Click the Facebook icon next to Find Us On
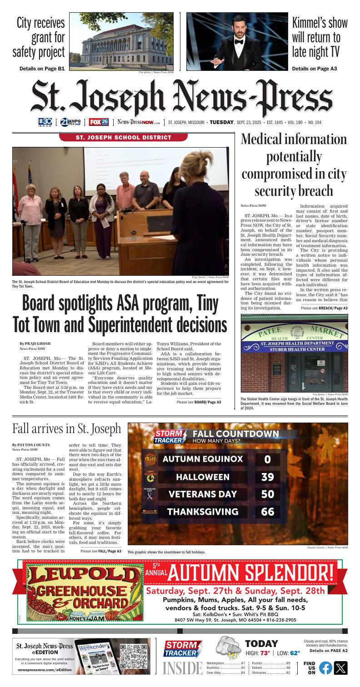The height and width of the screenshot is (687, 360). coord(325,667)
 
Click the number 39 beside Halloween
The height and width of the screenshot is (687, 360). coord(268,477)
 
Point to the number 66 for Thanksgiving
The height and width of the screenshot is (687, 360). coord(268,512)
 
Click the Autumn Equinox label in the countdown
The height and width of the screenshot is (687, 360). coord(203,459)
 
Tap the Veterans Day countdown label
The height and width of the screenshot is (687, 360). coord(203,494)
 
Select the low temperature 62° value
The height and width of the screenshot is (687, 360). coord(295,653)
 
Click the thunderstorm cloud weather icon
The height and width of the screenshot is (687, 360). coord(230,649)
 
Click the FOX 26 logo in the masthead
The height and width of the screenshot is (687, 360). coord(99,122)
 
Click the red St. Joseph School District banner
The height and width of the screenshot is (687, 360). coord(123,137)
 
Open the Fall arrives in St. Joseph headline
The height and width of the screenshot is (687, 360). coord(67,428)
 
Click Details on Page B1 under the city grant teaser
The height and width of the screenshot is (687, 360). coord(41,69)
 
